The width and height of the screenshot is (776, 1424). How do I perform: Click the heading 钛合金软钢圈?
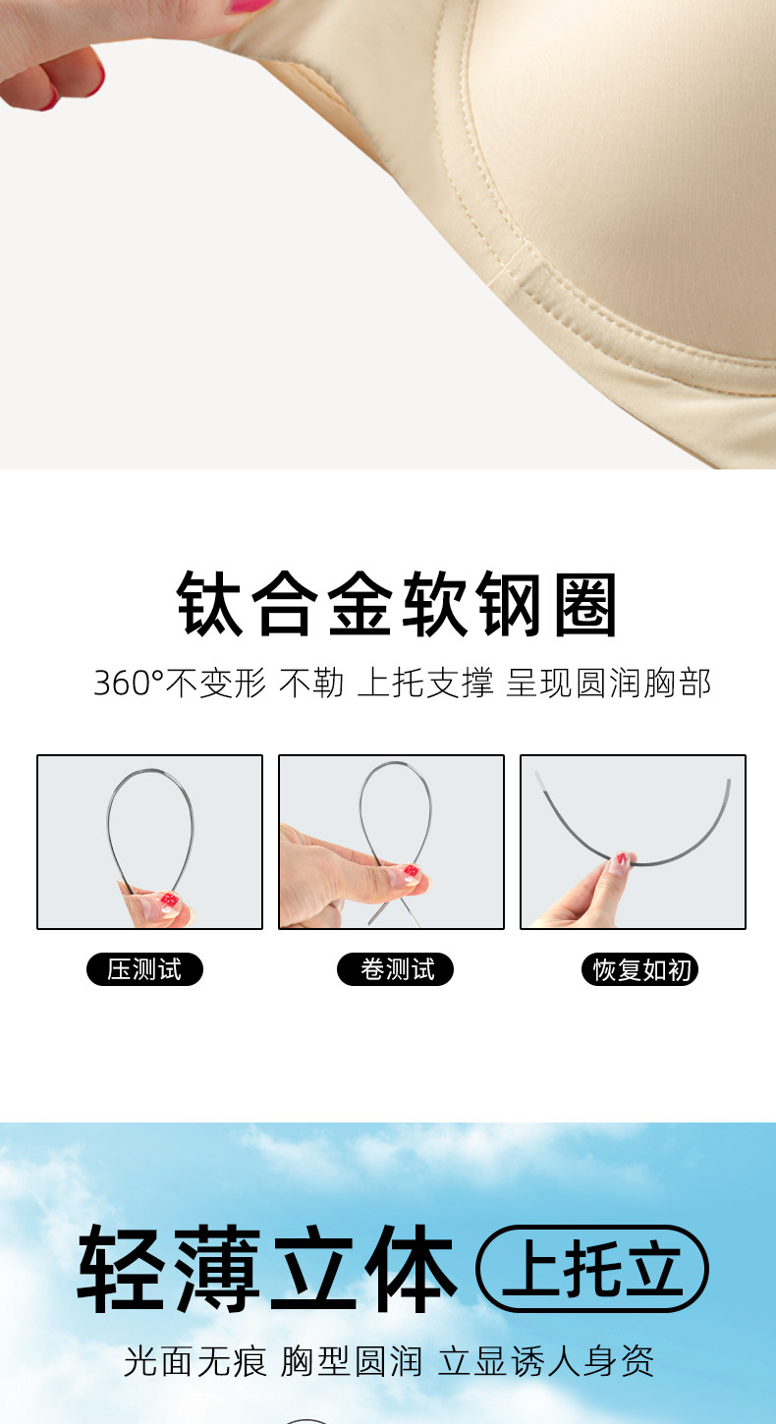[x=396, y=603]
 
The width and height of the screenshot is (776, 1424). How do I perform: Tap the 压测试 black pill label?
[x=144, y=969]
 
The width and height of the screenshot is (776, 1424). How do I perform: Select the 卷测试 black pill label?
[x=395, y=969]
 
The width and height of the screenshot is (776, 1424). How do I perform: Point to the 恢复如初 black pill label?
[x=639, y=969]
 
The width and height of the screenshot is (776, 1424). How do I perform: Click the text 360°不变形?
[x=180, y=684]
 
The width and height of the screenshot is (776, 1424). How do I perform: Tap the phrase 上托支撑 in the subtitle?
[x=425, y=684]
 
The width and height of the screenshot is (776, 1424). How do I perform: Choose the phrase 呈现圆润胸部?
[x=608, y=684]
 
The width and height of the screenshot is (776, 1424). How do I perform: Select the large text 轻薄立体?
[x=267, y=1269]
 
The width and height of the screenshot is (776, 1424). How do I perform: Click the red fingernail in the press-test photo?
[x=169, y=900]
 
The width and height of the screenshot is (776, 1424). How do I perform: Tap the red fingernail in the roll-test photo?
[x=412, y=871]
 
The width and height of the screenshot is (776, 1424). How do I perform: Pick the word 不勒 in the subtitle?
[x=311, y=684]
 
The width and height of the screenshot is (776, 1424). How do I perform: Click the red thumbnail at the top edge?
[x=250, y=6]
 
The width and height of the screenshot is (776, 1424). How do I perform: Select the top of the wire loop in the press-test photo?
[x=150, y=771]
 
